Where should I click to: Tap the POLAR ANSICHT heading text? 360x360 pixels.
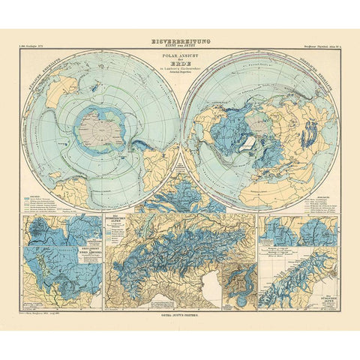point(180,55)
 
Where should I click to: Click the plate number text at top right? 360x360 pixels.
point(316,47)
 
